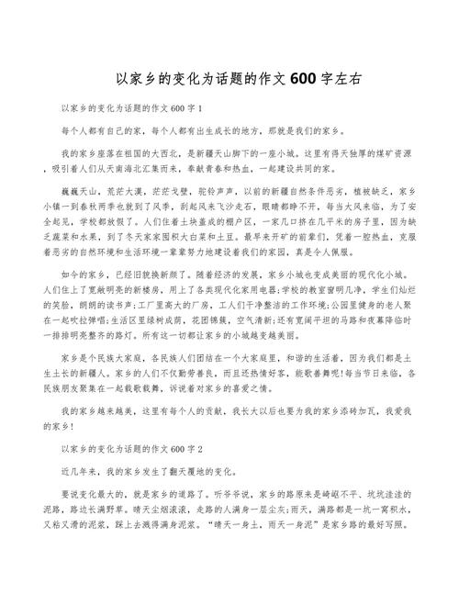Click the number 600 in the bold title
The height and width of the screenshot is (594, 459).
(303, 79)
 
